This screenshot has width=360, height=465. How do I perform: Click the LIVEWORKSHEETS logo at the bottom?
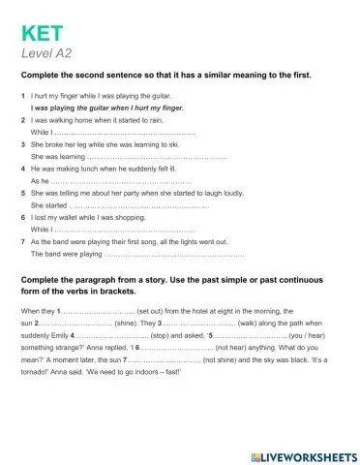coord(304,455)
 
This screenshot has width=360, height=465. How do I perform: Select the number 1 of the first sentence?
coord(21,96)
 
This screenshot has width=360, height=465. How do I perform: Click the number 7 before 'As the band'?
coord(21,241)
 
